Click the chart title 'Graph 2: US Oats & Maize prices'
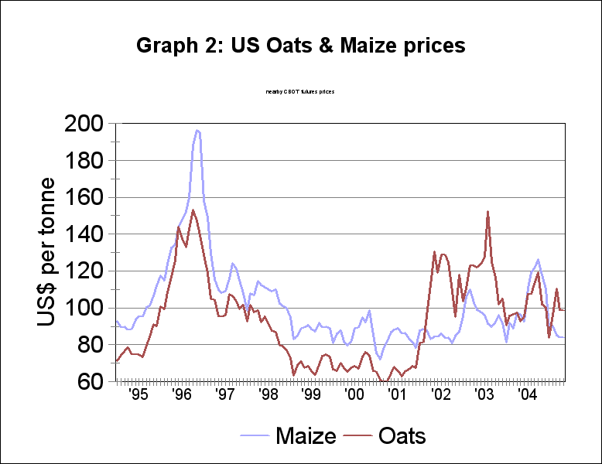pyautogui.click(x=301, y=46)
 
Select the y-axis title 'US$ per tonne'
pyautogui.click(x=46, y=252)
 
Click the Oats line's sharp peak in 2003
pyautogui.click(x=488, y=211)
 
